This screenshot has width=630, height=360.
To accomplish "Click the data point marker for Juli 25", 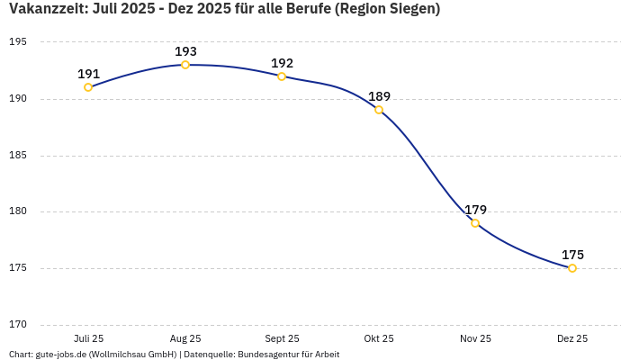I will click(x=88, y=87).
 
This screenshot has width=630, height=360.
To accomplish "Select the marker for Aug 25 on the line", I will click(x=185, y=65).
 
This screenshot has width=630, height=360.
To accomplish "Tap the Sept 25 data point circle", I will click(x=282, y=76).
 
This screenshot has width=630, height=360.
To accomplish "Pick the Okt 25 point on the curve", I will click(x=379, y=110).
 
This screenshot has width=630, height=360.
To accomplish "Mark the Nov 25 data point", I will click(x=475, y=223).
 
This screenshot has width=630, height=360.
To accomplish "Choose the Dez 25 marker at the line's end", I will click(x=572, y=268).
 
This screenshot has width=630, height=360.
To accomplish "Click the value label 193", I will click(x=185, y=51).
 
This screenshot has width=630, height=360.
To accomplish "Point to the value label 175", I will click(x=572, y=255).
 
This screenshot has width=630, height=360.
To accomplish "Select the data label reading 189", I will click(x=379, y=96).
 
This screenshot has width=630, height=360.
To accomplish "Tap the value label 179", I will click(x=475, y=210).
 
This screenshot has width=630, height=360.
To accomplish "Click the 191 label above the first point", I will click(x=88, y=74).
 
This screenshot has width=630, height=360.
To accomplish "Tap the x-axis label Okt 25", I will click(x=379, y=338).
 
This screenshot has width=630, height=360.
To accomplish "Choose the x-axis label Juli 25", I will click(x=88, y=338).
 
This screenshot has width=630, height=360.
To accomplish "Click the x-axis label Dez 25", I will click(x=572, y=338).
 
